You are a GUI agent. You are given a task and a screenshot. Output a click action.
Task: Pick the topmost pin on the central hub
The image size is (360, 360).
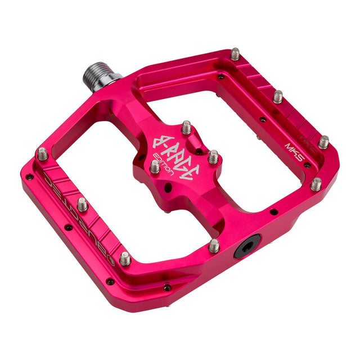(186, 128)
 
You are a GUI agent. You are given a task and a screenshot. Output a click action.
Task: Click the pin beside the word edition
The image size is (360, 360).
(154, 166)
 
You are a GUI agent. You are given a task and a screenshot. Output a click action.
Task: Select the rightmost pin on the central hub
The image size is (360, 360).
(213, 156)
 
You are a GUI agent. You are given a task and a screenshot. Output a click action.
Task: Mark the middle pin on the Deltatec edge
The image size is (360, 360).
(83, 204)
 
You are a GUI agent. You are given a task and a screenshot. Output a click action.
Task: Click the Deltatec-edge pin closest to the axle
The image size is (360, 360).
(42, 153)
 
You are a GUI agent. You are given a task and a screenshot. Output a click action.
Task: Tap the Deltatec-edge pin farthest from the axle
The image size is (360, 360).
(125, 258)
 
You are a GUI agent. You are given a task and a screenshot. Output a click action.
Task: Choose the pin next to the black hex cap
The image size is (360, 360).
(214, 245)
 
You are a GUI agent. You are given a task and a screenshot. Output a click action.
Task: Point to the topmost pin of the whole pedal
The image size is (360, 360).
(235, 54)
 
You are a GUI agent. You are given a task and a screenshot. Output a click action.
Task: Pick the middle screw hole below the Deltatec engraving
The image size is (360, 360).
(67, 228)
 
